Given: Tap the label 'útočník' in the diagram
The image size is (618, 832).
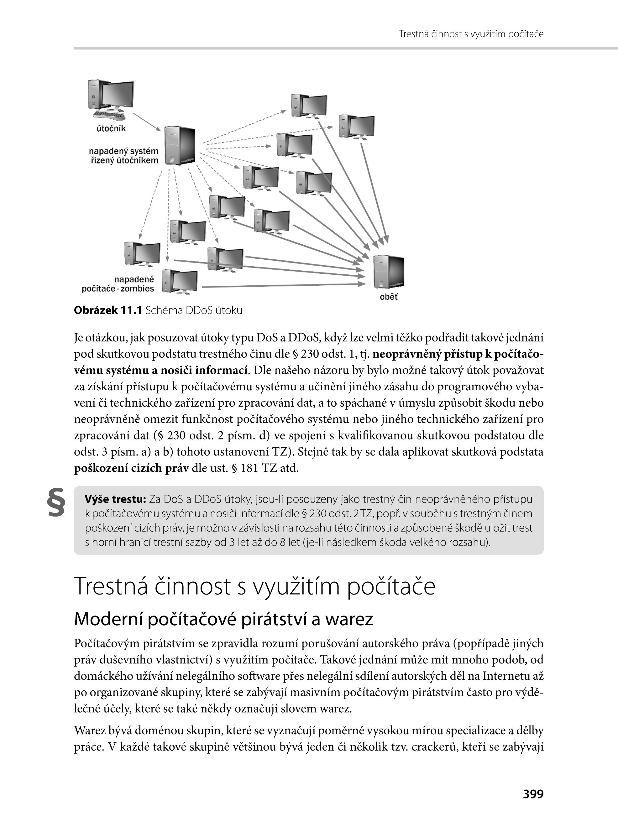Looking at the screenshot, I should click(111, 129).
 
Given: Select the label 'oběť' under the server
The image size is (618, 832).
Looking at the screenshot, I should click(389, 297).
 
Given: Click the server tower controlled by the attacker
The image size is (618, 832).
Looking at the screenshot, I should click(180, 145).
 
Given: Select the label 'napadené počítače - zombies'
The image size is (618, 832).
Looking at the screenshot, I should click(118, 284).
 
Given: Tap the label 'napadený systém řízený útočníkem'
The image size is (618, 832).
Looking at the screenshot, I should click(124, 156).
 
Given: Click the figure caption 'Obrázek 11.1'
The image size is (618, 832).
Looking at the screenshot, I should click(108, 310).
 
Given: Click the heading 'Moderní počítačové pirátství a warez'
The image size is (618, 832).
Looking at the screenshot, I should click(223, 619).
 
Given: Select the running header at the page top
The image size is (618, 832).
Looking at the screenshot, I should click(471, 34).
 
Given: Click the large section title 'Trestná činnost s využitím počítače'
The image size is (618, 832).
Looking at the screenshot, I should click(254, 586).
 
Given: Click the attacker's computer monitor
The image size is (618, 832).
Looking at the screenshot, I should click(117, 95).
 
